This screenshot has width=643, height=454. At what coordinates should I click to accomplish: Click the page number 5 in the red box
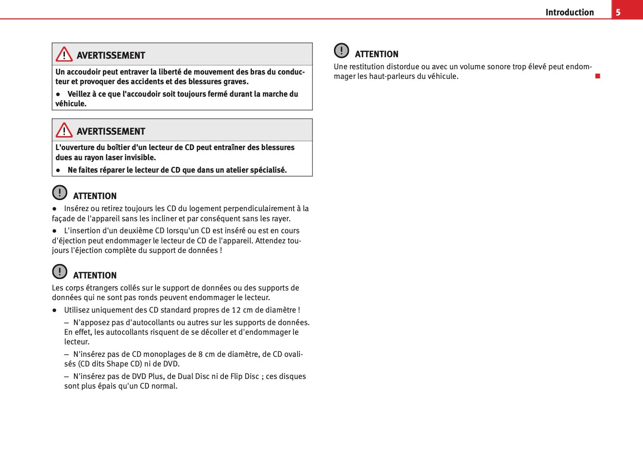coord(618,13)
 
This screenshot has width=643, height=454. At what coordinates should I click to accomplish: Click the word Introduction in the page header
coord(569,13)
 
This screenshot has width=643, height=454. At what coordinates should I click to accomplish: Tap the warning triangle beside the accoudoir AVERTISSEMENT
coord(64,54)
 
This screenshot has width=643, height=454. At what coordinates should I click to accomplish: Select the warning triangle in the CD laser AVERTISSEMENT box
coord(64,130)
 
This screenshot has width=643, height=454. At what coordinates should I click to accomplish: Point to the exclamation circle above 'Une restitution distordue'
coord(341,50)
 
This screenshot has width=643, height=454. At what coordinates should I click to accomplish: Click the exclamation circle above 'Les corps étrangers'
coord(60,272)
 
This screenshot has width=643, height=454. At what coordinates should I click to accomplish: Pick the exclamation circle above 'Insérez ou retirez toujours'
coord(60,192)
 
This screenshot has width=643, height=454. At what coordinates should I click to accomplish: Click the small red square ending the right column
coord(598,76)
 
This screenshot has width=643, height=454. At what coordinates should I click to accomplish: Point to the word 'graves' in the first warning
coord(235,82)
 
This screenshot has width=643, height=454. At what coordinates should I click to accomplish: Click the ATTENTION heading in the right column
coord(376,54)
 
